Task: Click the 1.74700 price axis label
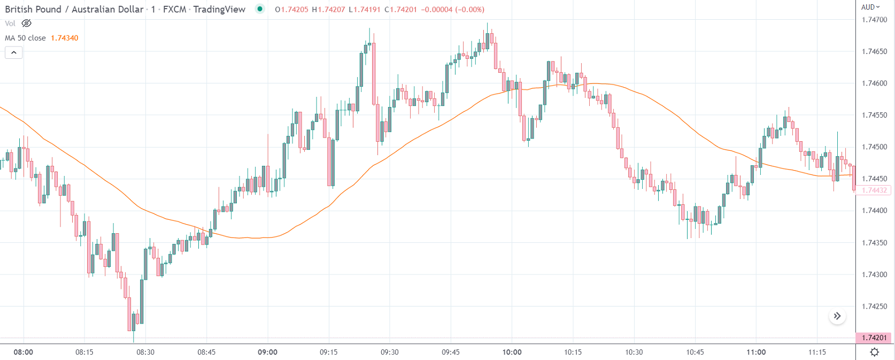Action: click(x=874, y=20)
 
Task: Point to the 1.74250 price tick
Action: click(x=874, y=307)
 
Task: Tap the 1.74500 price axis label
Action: click(x=874, y=147)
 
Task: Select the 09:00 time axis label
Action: click(x=267, y=352)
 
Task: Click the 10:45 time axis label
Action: click(x=695, y=352)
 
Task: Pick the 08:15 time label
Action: click(x=84, y=352)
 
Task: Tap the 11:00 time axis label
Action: click(x=756, y=352)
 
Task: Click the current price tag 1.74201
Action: click(x=874, y=338)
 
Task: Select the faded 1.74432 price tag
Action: click(x=874, y=190)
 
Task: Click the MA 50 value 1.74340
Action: click(x=64, y=38)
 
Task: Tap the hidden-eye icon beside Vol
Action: click(x=26, y=24)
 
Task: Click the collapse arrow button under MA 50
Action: click(x=13, y=52)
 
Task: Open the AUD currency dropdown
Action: click(x=870, y=7)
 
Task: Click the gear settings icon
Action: click(x=875, y=352)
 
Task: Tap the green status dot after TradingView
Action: click(x=260, y=9)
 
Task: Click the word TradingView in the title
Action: click(x=219, y=9)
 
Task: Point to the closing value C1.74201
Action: click(x=400, y=10)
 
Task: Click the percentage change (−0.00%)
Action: click(x=469, y=10)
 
